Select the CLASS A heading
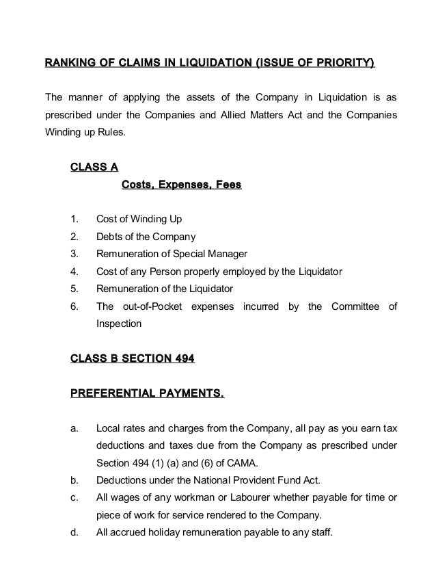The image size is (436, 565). pyautogui.click(x=94, y=167)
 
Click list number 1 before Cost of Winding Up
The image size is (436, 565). pyautogui.click(x=73, y=220)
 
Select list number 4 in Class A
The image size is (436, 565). pyautogui.click(x=73, y=272)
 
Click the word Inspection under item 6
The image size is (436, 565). pyautogui.click(x=119, y=324)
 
